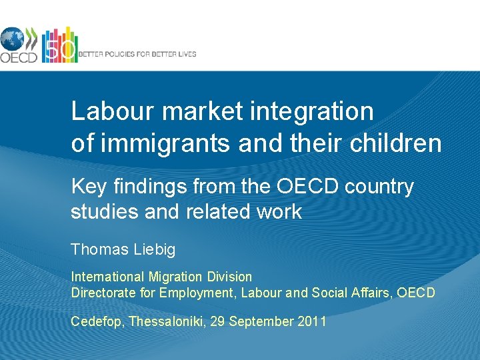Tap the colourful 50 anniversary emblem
59,45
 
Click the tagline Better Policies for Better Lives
137,54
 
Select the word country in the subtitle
379,187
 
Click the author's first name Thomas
99,250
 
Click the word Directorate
102,293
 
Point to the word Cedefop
97,322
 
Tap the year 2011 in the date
311,322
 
